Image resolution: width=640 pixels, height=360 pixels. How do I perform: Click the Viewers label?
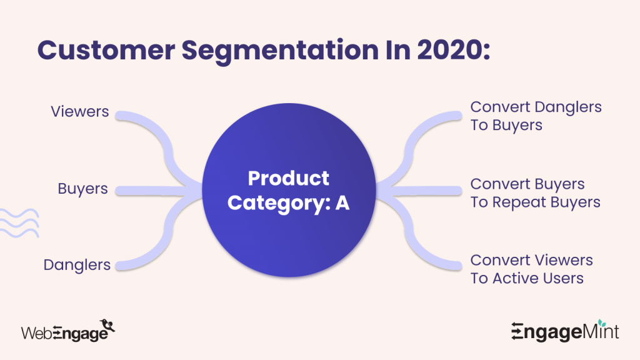[x=79, y=112]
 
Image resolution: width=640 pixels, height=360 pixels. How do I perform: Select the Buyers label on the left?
[x=82, y=188]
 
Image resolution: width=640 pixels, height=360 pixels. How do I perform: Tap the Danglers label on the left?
[x=77, y=264]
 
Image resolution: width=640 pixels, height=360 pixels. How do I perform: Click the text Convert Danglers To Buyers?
[x=536, y=116]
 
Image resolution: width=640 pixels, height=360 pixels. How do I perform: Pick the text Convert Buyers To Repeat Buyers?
[x=535, y=193]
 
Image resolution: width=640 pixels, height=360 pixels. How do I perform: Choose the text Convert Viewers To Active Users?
[x=531, y=269]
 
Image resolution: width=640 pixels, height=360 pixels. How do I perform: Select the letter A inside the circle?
[x=342, y=203]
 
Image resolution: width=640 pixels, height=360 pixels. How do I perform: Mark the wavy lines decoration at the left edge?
[x=19, y=222]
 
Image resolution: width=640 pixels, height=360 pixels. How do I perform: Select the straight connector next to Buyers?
[x=156, y=189]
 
